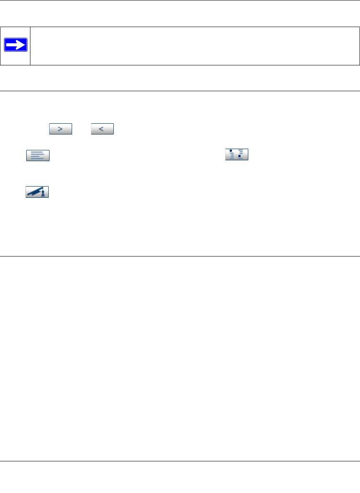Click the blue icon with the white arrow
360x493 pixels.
[x=15, y=45]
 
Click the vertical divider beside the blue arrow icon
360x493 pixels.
[x=30, y=46]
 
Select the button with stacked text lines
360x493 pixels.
[x=37, y=155]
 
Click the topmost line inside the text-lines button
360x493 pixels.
[x=37, y=152]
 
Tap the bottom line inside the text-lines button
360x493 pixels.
[x=37, y=159]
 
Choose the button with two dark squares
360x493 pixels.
[x=237, y=154]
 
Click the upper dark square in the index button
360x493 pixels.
[x=231, y=151]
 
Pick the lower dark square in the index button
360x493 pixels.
[x=239, y=157]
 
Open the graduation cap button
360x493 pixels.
[x=37, y=192]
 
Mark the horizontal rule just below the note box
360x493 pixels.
[x=180, y=91]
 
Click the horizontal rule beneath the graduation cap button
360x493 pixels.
[x=180, y=256]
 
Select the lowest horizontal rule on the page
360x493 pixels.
[x=180, y=461]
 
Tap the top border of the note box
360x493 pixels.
[x=180, y=27]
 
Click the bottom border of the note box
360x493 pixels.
[x=180, y=65]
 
